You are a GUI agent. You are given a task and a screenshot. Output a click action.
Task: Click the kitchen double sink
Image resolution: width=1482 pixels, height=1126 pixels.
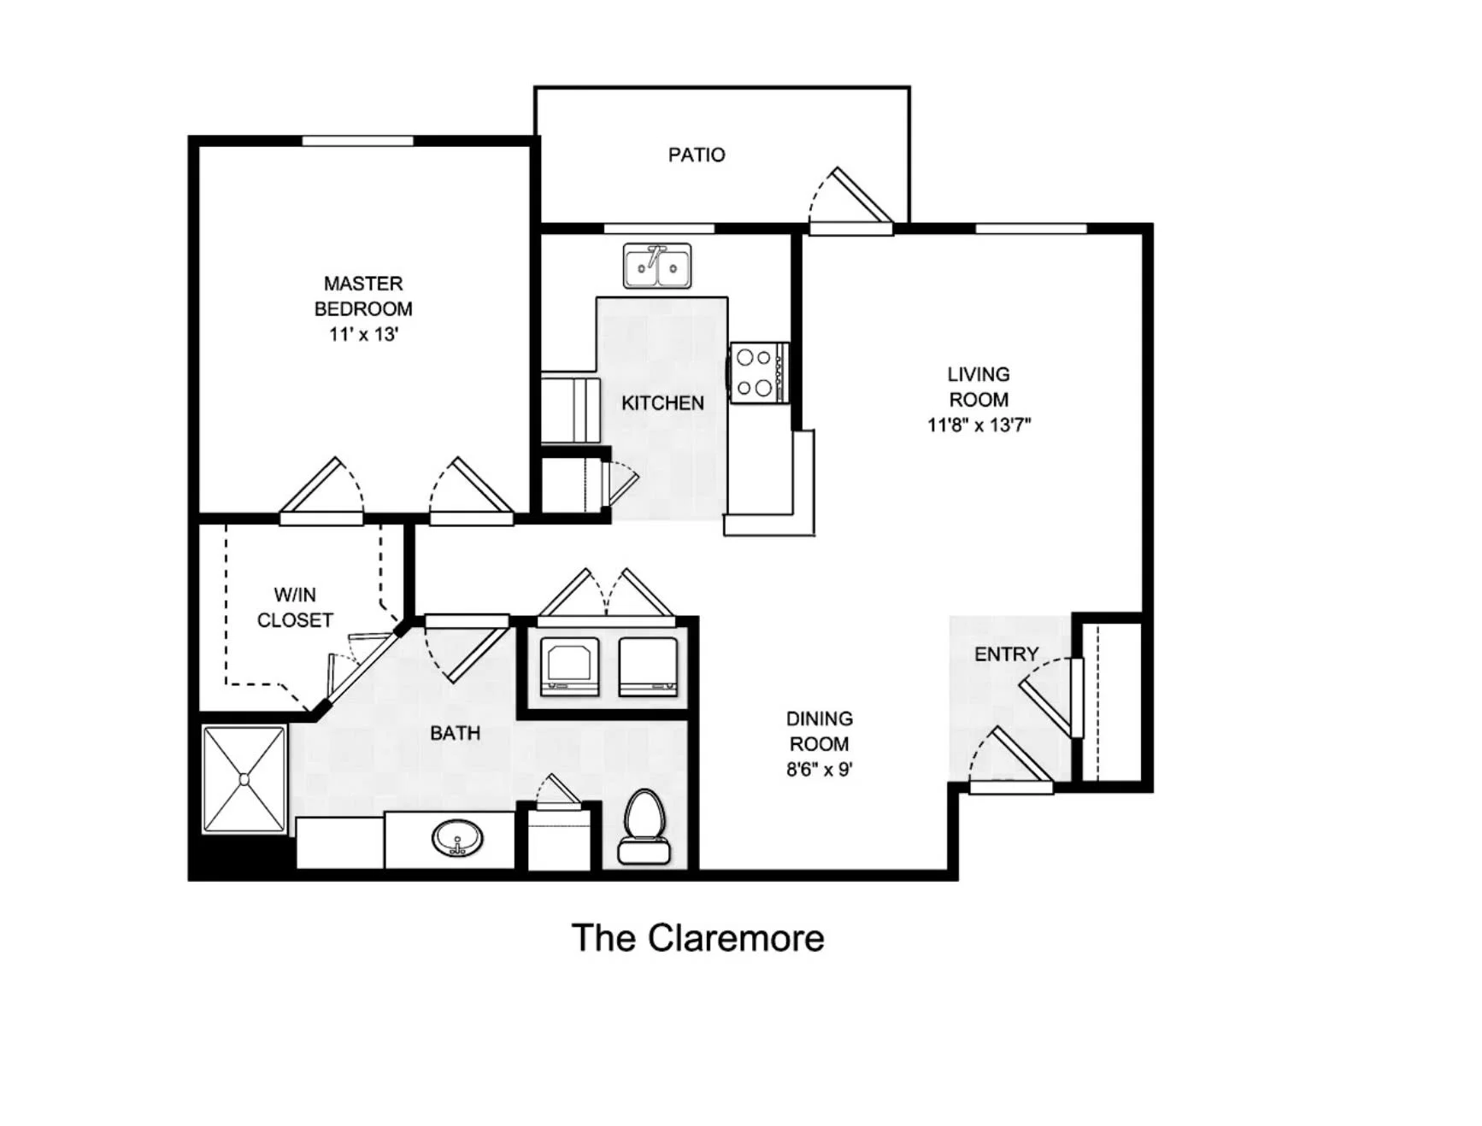(x=657, y=266)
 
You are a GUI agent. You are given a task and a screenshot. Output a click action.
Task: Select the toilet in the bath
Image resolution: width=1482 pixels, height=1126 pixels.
(x=644, y=826)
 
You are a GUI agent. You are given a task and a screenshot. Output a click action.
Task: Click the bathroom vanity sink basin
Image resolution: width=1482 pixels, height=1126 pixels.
(x=457, y=839)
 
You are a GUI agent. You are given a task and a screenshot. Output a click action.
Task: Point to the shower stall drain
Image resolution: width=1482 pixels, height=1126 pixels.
(x=244, y=779)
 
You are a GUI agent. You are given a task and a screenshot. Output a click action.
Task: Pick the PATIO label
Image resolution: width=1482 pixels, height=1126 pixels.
(x=697, y=155)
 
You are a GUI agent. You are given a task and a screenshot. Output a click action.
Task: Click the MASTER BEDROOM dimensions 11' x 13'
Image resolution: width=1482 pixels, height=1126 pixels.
(x=363, y=334)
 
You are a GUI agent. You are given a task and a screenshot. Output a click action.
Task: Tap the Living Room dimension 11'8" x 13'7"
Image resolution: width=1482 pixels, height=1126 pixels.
(x=979, y=425)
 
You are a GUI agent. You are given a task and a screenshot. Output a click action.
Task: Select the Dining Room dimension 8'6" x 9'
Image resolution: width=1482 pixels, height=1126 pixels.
(x=820, y=769)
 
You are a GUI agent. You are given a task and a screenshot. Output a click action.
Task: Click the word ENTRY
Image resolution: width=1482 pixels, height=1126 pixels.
(x=1007, y=654)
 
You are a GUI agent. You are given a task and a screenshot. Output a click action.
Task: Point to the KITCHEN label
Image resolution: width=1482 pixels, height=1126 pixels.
(x=662, y=403)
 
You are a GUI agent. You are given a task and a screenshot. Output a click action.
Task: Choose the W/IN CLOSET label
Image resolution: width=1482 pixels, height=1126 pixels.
(x=295, y=607)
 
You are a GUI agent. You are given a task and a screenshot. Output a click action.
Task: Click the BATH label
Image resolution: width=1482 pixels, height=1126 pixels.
(x=455, y=733)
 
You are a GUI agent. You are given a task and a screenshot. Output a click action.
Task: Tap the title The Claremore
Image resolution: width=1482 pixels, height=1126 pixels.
(x=697, y=938)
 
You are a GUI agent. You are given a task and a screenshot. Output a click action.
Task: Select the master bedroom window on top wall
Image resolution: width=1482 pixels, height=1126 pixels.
(x=358, y=141)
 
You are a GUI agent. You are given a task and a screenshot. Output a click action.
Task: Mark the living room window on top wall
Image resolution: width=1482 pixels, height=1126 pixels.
(x=1031, y=228)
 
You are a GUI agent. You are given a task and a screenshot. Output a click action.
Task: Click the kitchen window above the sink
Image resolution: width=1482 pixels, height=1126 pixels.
(x=659, y=228)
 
